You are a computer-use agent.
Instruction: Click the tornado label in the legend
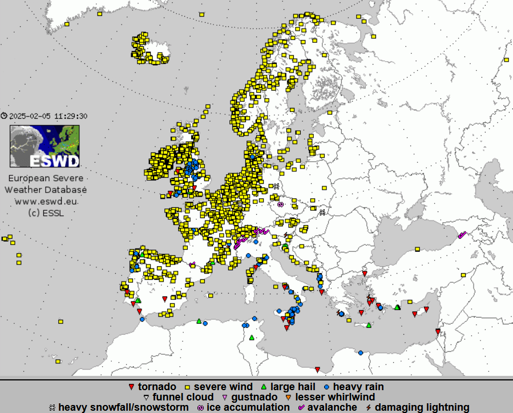(x=156, y=387)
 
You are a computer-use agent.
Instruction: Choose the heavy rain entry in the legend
(x=358, y=387)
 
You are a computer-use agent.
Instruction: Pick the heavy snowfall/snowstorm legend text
(x=123, y=407)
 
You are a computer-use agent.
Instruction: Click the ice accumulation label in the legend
(x=248, y=407)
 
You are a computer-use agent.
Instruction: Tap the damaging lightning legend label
(x=422, y=407)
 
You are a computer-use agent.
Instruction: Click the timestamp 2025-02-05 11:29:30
(x=48, y=116)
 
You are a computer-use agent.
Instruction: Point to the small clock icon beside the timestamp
(x=5, y=116)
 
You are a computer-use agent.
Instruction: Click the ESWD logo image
(x=45, y=146)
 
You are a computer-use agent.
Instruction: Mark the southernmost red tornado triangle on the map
(x=317, y=369)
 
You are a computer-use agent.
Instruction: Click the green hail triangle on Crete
(x=369, y=326)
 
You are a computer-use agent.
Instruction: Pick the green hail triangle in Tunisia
(x=252, y=337)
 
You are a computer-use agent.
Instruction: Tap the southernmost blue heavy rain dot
(x=360, y=353)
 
